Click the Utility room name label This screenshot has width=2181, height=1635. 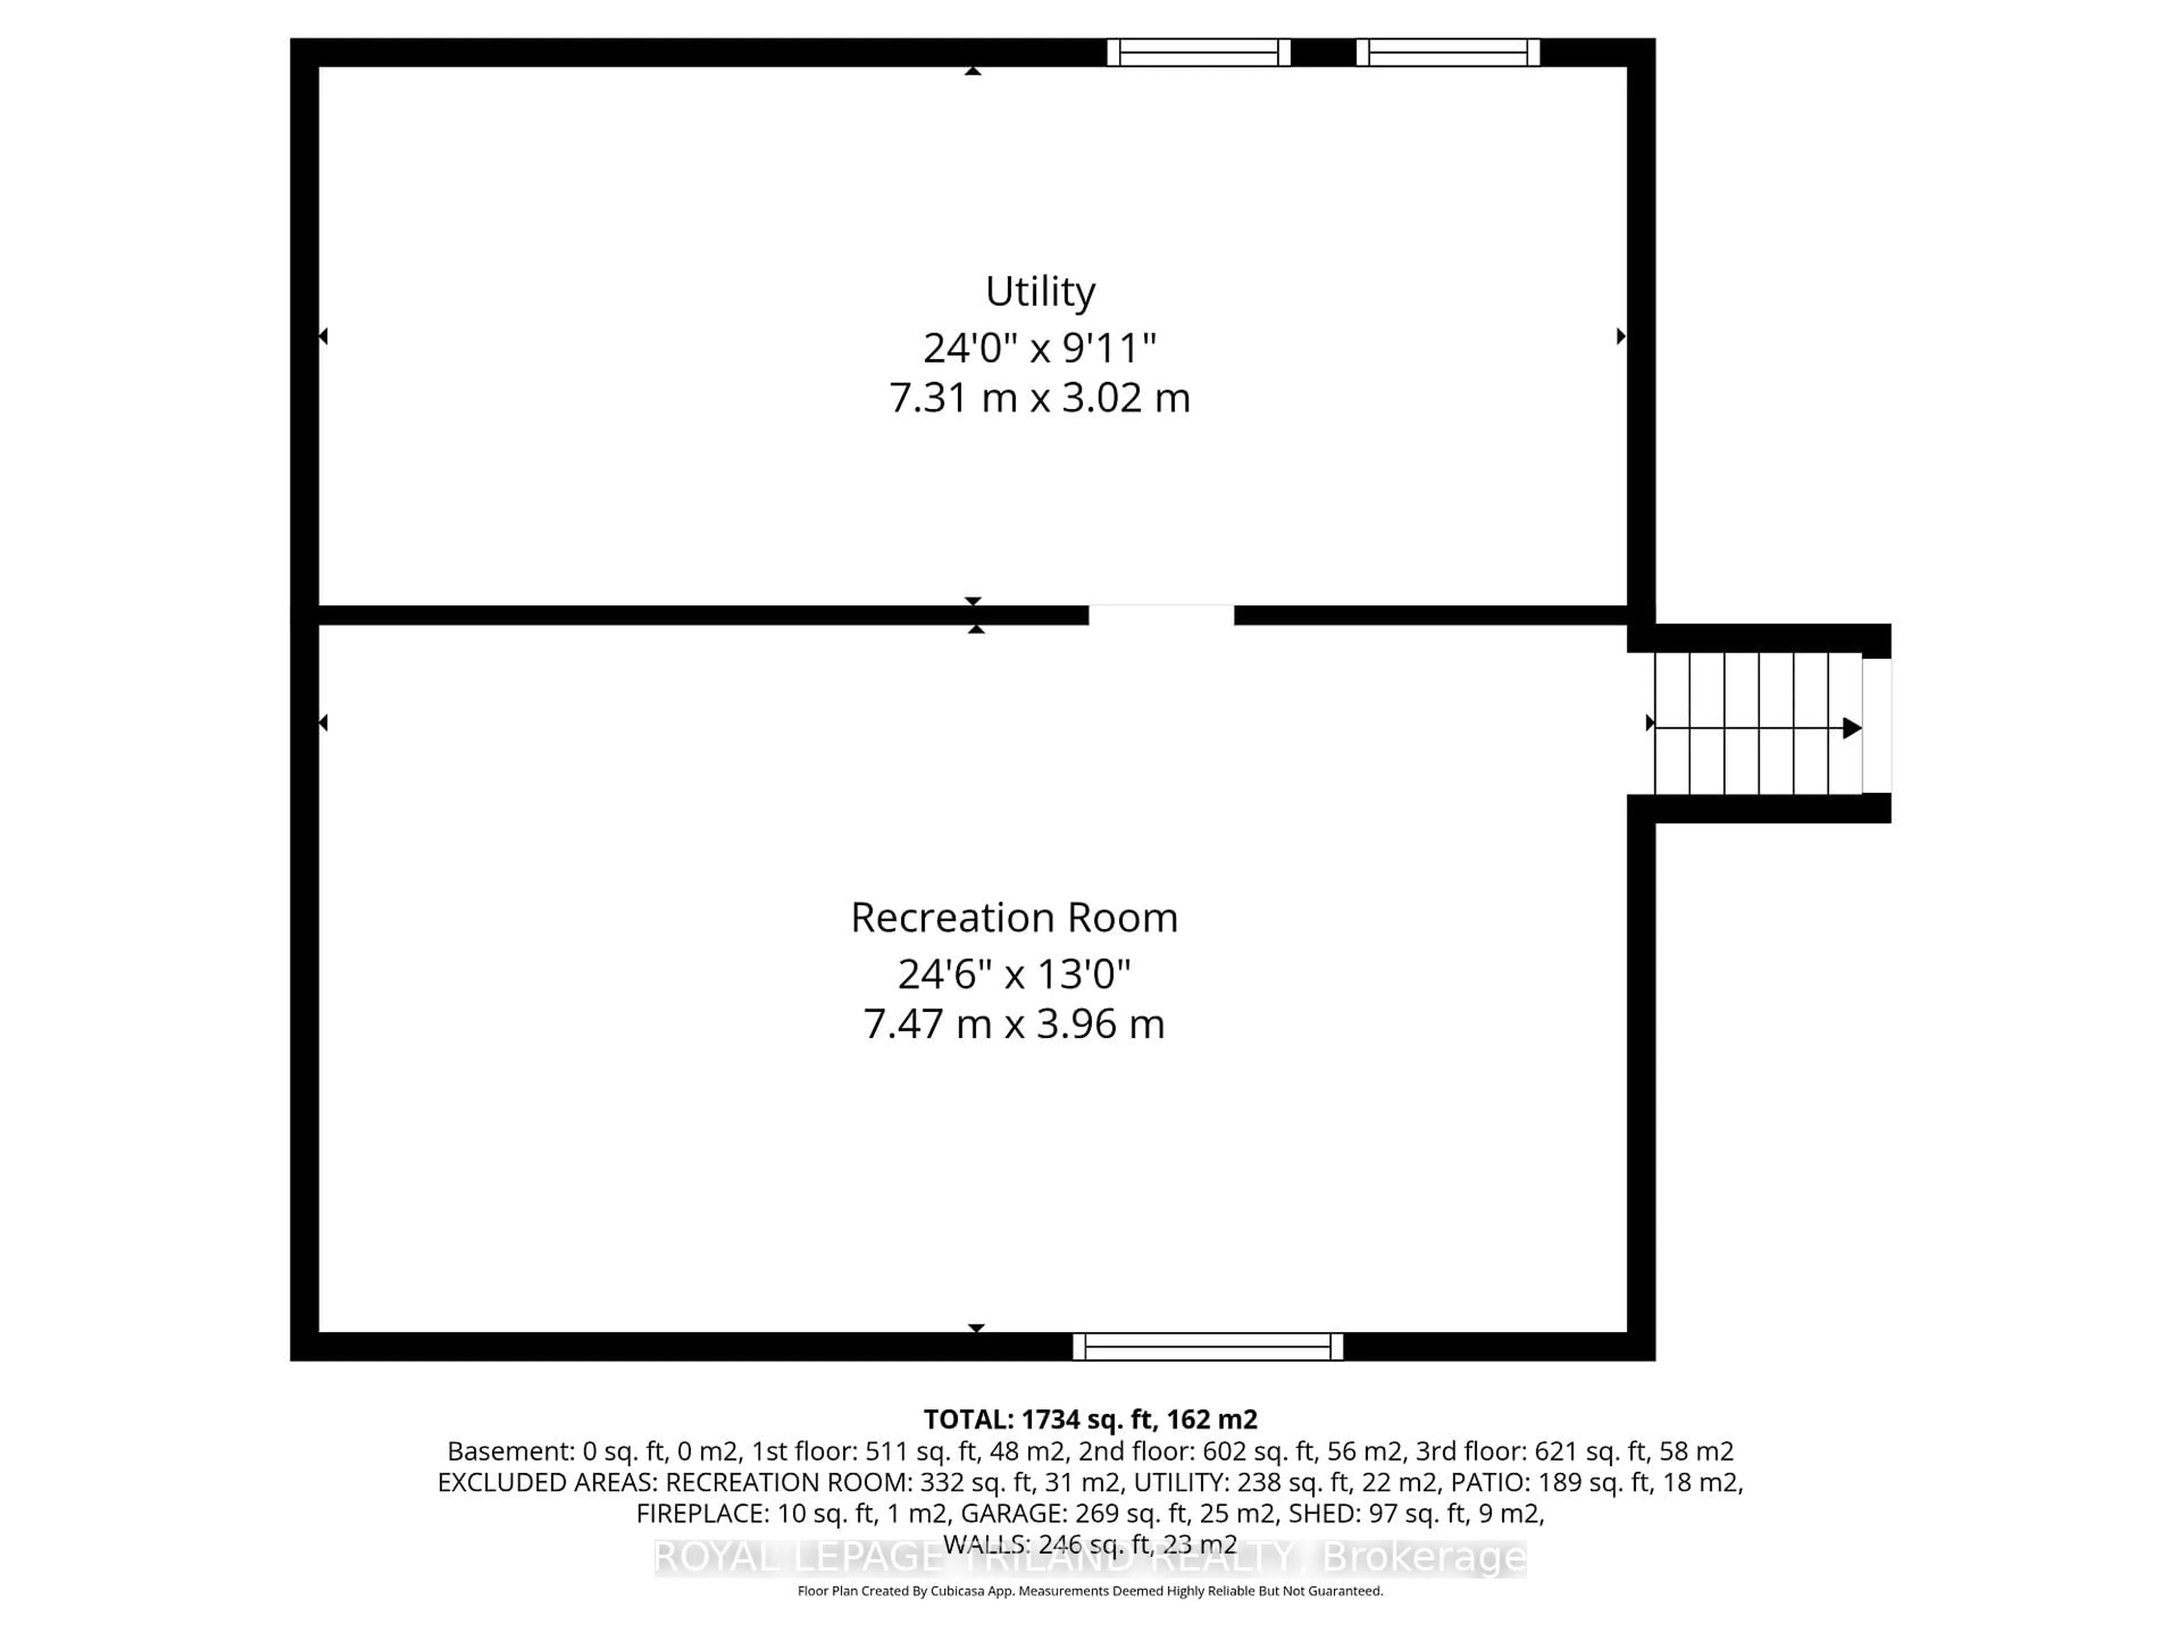coord(1040,292)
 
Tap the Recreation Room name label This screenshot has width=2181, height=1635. coord(1014,917)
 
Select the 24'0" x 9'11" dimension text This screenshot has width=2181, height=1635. coord(1039,348)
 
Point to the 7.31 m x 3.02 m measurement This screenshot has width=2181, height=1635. coord(1039,398)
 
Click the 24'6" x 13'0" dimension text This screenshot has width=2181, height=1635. coord(1014,975)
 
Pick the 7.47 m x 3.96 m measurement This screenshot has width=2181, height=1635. coord(1014,1024)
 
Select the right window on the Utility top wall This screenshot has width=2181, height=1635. coord(1447,52)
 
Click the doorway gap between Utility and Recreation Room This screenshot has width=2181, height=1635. coord(1160,615)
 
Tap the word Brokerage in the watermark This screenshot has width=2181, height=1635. coord(1423,1557)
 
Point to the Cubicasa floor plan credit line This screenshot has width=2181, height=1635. coord(1089,1591)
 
